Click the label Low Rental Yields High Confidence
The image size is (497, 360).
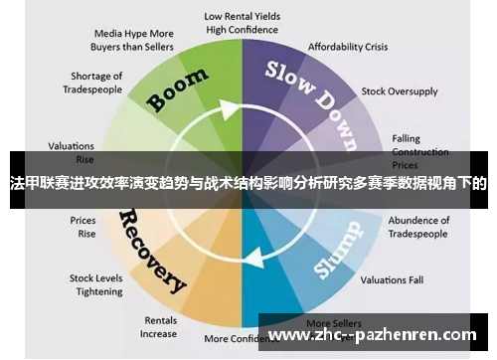pyautogui.click(x=242, y=23)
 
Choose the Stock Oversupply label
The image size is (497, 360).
pyautogui.click(x=399, y=91)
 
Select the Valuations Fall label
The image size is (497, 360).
pyautogui.click(x=391, y=279)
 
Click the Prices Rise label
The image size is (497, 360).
pyautogui.click(x=83, y=227)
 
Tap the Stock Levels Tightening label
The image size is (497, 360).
pyautogui.click(x=95, y=284)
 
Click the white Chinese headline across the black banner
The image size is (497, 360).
pyautogui.click(x=248, y=184)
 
